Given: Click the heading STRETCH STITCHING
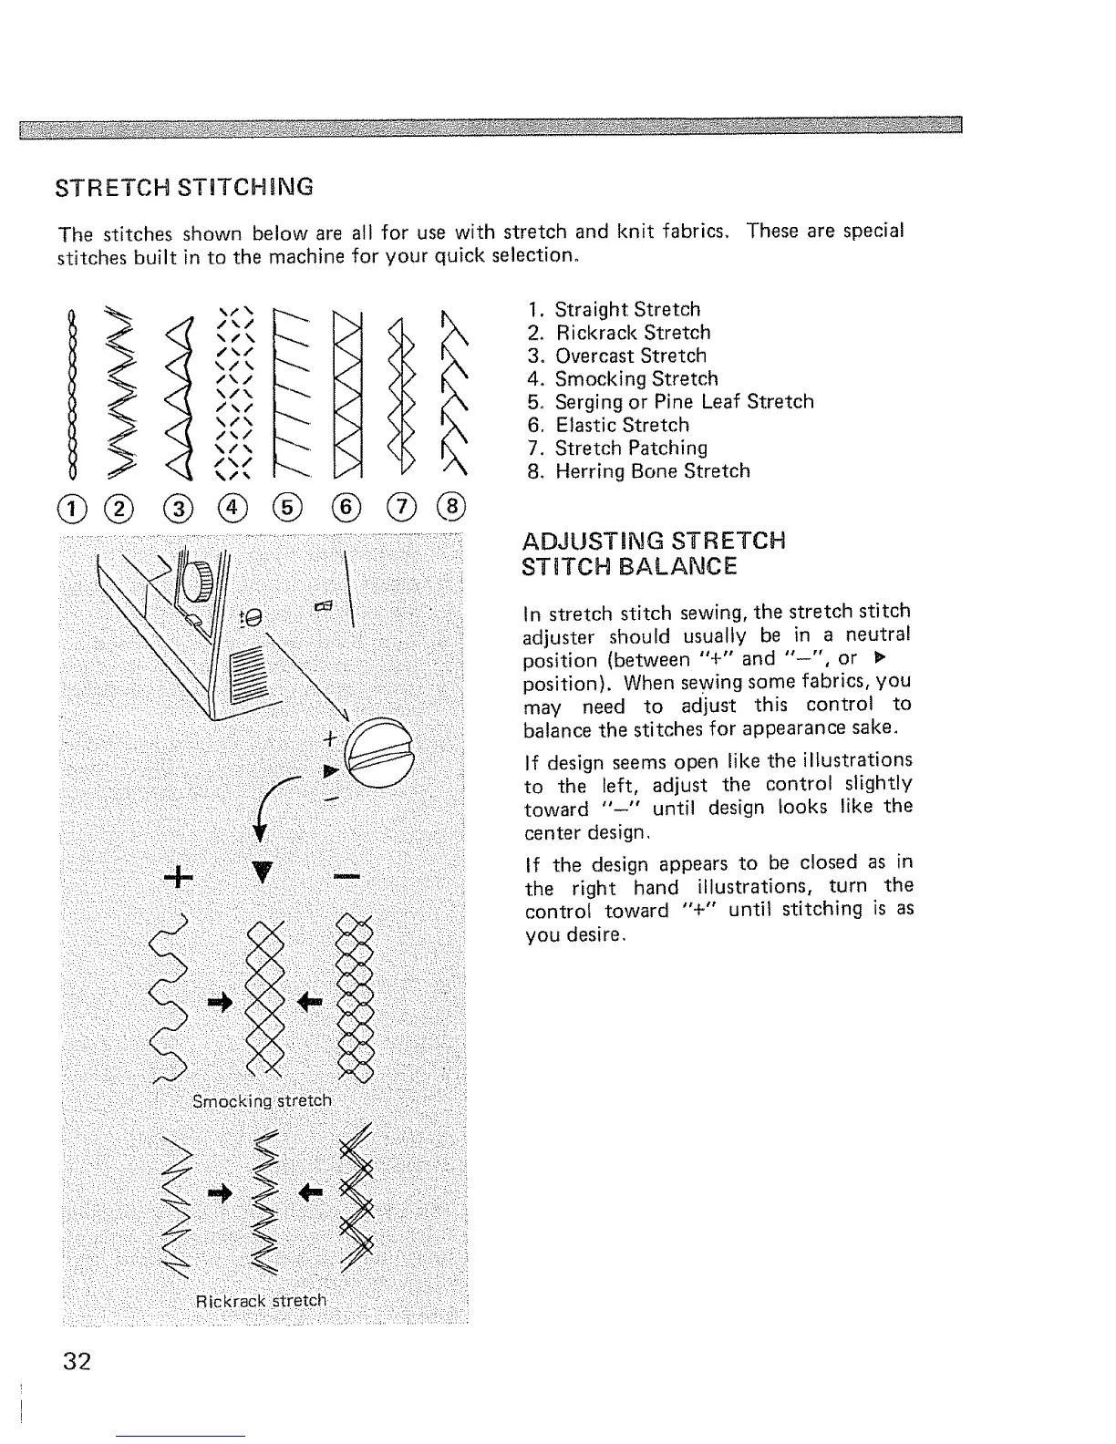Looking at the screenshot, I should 185,188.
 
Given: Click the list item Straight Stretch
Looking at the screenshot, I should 627,309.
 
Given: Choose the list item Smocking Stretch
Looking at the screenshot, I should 636,378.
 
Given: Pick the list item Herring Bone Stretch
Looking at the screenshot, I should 652,471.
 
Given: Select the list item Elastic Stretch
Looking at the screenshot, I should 622,425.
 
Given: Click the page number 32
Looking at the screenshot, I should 77,1362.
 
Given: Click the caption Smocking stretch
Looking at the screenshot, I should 262,1100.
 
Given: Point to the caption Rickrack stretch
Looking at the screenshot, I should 261,1300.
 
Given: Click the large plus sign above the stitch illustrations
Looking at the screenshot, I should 180,878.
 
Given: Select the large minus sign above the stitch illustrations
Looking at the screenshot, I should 346,877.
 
